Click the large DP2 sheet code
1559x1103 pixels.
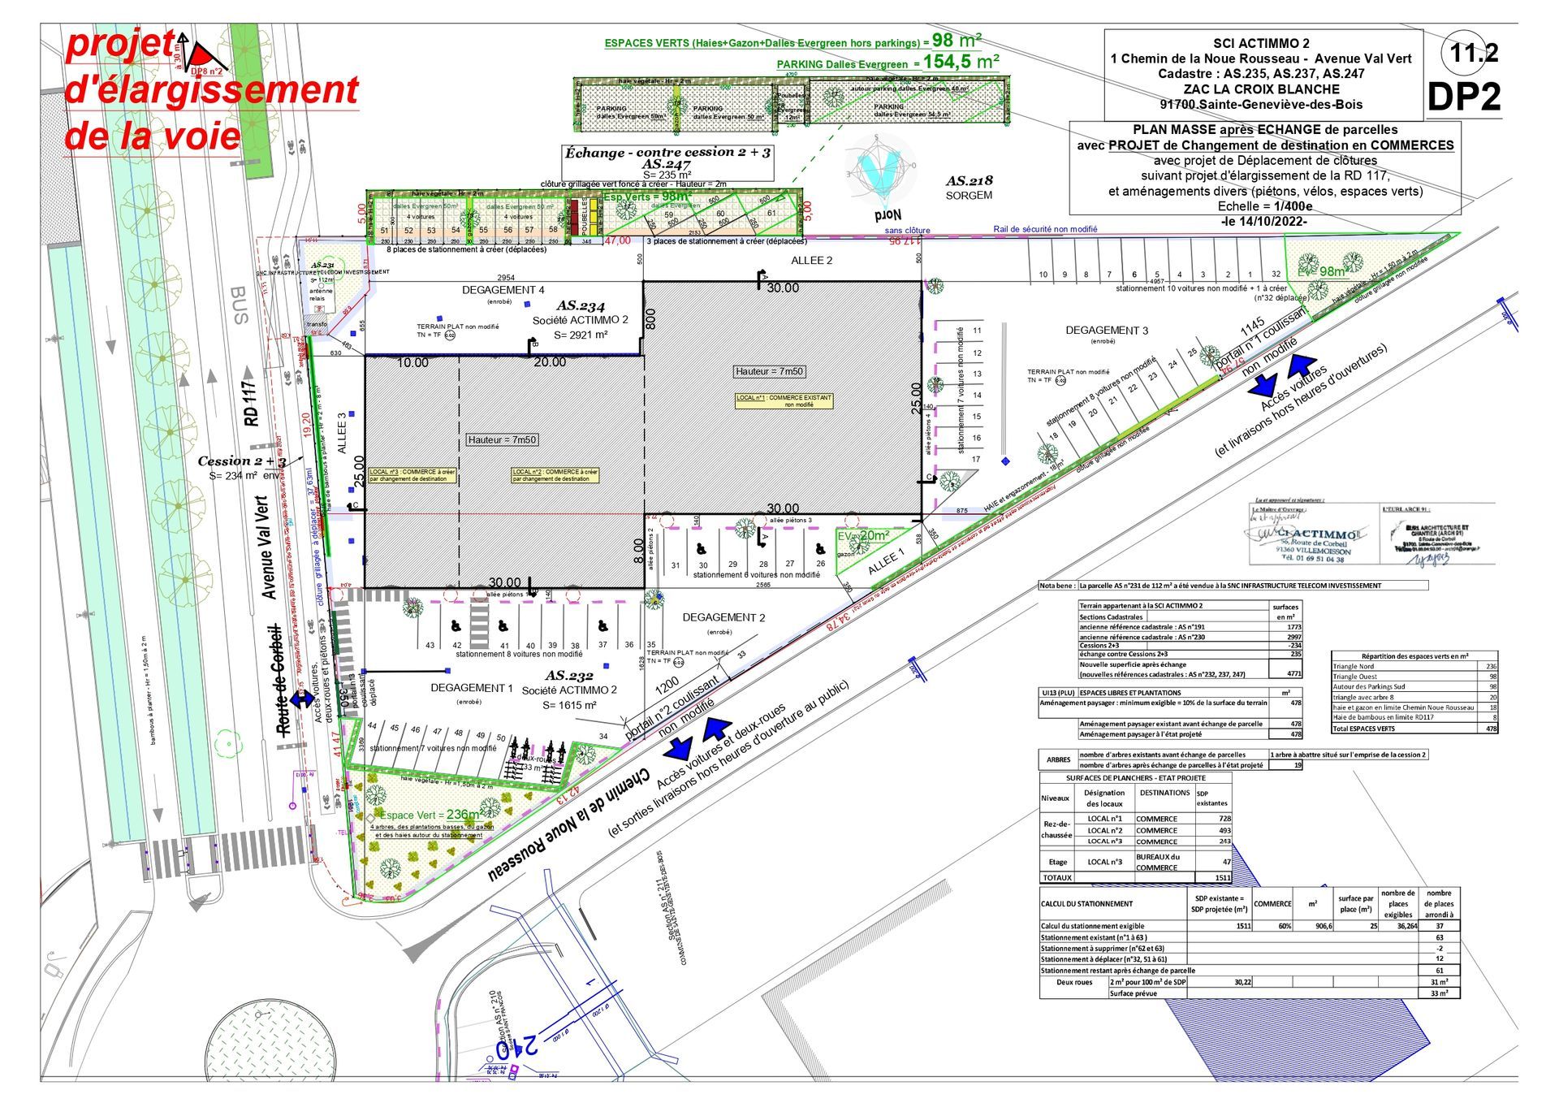click(x=1464, y=97)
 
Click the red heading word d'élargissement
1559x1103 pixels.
click(x=211, y=90)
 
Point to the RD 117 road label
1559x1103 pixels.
click(x=251, y=403)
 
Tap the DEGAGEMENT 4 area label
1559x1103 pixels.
click(x=503, y=290)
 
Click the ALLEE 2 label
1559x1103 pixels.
click(x=812, y=261)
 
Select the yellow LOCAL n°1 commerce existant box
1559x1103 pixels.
click(x=784, y=400)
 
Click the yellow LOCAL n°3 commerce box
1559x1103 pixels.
click(x=412, y=475)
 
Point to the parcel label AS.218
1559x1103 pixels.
click(x=970, y=181)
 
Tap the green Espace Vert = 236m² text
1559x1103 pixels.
click(x=431, y=815)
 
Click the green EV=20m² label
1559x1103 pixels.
click(x=864, y=535)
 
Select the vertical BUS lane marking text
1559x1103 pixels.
click(x=240, y=305)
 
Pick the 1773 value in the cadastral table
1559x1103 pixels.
click(x=1293, y=627)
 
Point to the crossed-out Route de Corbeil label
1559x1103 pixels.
click(x=281, y=680)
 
